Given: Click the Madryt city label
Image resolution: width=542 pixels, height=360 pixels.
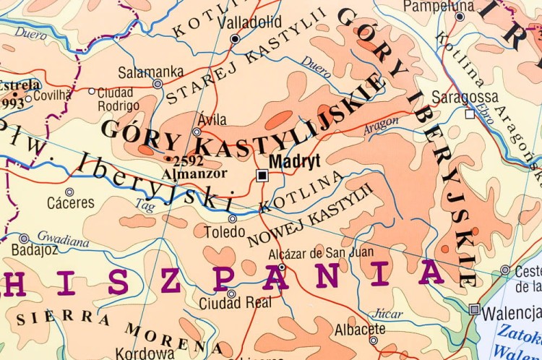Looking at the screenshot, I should coord(294,162).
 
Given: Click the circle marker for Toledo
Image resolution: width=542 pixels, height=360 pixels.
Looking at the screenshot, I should coord(233,218).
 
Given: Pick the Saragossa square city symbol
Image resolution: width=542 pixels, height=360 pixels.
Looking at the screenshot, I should coord(470,114).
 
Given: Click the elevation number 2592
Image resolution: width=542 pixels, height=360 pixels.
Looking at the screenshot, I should coord(189,160).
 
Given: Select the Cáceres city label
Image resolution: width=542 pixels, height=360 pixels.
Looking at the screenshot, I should coord(71,203).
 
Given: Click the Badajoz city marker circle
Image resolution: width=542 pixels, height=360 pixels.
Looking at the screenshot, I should coord(24,239).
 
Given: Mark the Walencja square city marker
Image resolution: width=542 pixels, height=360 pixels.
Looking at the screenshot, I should coord(474,309).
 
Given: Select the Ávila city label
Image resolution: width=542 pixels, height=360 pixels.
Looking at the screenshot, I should coord(211,120).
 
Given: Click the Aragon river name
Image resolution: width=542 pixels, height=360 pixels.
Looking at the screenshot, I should coord(381,125).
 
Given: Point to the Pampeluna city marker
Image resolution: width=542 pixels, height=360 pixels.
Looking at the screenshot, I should coord(460,17).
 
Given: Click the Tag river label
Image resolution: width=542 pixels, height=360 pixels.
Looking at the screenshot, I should coord(145,206).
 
